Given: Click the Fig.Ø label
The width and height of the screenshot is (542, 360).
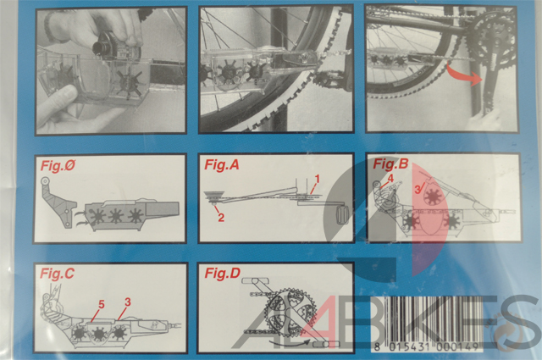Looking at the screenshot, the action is coord(58,165).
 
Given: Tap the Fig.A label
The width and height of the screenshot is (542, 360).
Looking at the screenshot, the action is coord(222,164).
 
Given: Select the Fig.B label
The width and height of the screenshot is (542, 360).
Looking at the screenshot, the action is coord(390,163).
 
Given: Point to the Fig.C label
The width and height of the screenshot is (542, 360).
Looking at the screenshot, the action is coord(57,274).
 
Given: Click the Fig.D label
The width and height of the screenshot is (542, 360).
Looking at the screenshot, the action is coord(222,274).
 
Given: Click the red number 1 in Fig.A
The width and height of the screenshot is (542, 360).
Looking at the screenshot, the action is coord(317,179).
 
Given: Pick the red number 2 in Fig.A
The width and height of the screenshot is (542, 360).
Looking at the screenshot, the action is coord(221,218).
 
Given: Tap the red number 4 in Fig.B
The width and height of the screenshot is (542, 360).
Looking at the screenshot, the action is coord(390,179).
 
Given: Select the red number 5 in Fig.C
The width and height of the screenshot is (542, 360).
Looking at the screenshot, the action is coord(102,304).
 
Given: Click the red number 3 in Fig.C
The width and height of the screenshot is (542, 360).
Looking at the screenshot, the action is coord(128,302).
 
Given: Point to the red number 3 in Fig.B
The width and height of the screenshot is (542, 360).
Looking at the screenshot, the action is coord(418,189).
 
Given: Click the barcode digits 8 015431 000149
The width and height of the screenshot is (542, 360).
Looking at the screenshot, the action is coord(427,346).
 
